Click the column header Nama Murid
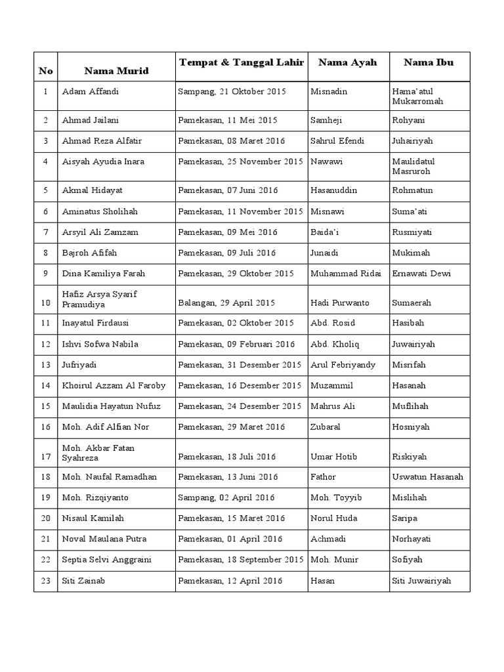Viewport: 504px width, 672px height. point(116,70)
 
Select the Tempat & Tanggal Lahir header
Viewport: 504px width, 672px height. point(241,62)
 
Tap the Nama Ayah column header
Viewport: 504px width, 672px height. point(347,62)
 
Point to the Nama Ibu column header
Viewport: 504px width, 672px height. point(429,62)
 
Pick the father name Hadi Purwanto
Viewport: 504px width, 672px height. point(340,303)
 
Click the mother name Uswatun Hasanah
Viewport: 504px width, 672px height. point(428,477)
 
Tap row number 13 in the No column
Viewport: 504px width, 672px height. point(45,365)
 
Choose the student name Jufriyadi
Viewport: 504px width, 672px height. point(79,365)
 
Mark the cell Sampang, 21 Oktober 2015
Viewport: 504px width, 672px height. point(232,92)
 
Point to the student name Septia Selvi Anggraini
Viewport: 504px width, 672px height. point(108,560)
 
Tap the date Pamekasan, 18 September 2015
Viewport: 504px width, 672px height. point(240,560)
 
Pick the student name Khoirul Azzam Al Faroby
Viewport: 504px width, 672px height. point(114,386)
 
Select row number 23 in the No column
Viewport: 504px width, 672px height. point(45,581)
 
